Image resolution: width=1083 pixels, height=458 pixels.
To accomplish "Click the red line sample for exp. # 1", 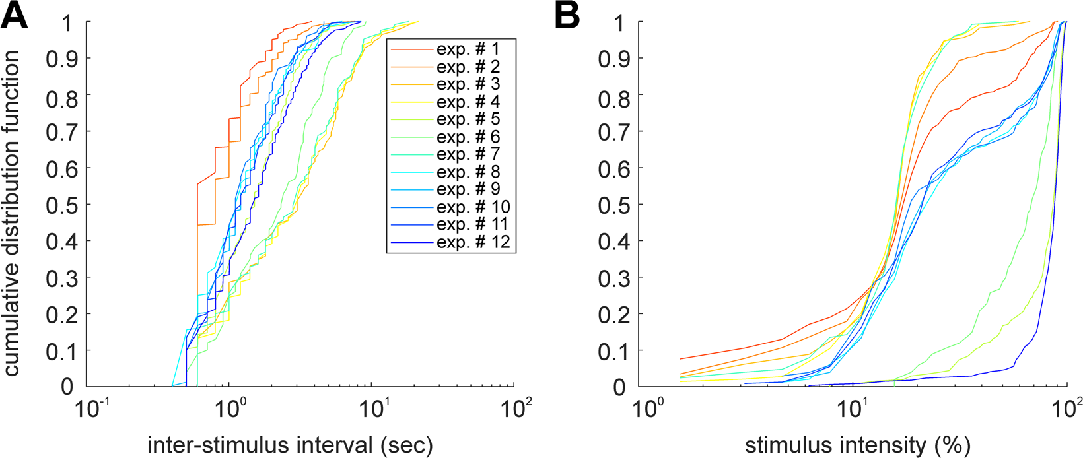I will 410,49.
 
